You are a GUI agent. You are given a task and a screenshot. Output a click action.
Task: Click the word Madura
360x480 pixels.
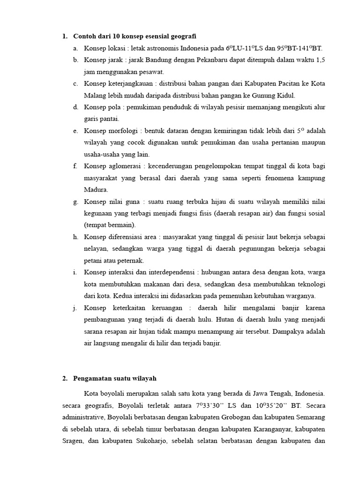tap(96, 190)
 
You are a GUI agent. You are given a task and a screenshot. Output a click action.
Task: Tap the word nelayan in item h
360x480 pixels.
tap(96, 249)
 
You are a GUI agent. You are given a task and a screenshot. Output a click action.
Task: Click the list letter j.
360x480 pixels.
tap(75, 308)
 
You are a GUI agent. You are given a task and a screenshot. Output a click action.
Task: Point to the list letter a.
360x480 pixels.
tap(75, 48)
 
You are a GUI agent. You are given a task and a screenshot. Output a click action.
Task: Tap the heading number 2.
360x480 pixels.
tap(64, 379)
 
